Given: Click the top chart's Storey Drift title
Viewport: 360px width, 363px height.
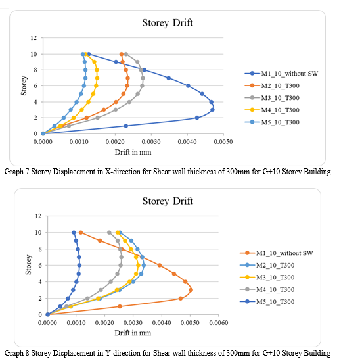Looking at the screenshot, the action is (168, 23).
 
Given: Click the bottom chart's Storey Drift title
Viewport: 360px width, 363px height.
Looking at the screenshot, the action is (168, 201).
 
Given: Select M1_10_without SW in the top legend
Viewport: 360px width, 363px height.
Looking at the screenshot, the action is (290, 74).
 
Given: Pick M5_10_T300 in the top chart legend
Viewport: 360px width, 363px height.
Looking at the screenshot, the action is (281, 122).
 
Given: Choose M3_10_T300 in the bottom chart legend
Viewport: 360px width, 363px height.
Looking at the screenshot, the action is (275, 278).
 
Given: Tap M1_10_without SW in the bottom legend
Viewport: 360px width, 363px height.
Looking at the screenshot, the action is (284, 253).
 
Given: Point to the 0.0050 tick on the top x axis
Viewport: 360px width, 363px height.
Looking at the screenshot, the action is (223, 141).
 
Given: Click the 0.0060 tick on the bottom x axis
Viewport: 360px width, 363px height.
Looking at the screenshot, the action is (219, 322).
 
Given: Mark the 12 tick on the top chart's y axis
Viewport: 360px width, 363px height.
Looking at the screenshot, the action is (34, 37).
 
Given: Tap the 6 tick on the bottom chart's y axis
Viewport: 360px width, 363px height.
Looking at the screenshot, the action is (40, 265).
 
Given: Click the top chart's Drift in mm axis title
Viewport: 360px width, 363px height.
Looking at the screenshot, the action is (133, 152).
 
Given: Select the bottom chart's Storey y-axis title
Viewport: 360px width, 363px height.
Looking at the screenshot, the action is (28, 265).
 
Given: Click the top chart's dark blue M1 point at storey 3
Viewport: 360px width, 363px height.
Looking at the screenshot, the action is (212, 110).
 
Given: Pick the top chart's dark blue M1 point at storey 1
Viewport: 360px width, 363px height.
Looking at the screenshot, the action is (125, 126).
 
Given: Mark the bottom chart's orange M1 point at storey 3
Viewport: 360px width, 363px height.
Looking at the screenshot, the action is (191, 290).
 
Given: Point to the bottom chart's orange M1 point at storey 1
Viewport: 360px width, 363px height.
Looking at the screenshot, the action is (120, 306).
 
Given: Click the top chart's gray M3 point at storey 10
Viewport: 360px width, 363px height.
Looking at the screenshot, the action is (126, 54).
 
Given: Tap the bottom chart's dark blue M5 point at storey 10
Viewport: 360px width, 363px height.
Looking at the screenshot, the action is (74, 232).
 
